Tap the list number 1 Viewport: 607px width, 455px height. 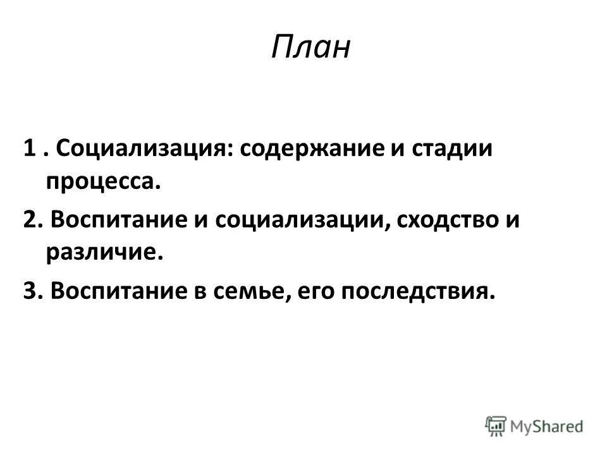coord(28,150)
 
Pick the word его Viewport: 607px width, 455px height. coord(309,291)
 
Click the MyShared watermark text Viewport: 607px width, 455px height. coord(547,425)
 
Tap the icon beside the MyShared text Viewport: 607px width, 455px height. coord(496,425)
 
